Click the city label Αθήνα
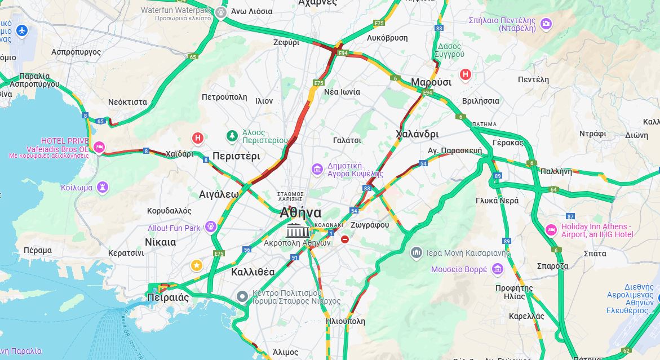[300, 213]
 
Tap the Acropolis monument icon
[298, 230]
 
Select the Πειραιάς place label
[167, 297]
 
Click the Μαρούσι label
[431, 82]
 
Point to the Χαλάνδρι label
[417, 134]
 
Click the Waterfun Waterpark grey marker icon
[221, 11]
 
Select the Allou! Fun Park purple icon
[211, 227]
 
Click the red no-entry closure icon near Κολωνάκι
[344, 239]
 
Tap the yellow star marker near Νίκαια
[196, 265]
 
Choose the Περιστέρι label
[236, 156]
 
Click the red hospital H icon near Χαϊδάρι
[198, 138]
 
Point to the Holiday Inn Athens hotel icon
[551, 230]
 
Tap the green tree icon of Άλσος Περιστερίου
[232, 135]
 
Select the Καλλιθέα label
[253, 272]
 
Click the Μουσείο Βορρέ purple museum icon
[497, 269]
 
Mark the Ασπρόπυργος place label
[76, 52]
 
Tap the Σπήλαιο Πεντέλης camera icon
[546, 23]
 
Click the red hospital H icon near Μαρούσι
[466, 74]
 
